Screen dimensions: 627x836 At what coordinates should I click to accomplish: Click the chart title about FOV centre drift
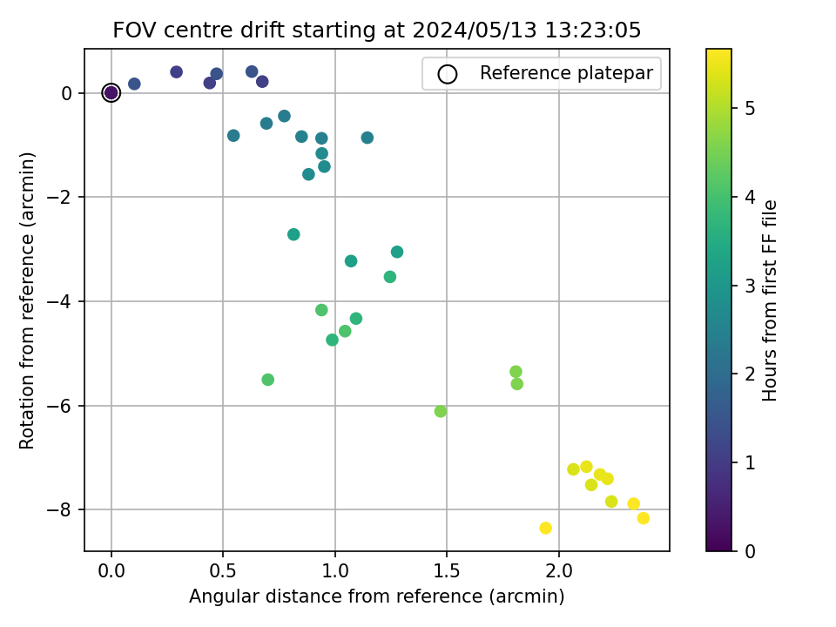pos(377,30)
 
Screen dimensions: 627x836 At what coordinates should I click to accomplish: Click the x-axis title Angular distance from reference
pos(377,597)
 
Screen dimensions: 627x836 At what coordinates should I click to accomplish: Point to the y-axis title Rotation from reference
pos(28,300)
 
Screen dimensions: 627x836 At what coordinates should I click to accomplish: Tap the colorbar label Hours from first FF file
pos(770,300)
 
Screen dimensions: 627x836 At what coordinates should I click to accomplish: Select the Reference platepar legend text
pos(566,73)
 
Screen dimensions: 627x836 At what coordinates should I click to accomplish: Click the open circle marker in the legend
pos(448,74)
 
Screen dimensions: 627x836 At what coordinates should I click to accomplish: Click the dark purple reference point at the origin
pos(111,93)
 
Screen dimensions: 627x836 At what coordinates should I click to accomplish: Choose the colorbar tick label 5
pos(749,108)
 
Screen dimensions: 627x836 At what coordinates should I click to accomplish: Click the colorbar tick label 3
pos(749,285)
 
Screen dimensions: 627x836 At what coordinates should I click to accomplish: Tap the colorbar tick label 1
pos(749,462)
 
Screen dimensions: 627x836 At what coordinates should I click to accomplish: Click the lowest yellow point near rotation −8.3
pos(545,528)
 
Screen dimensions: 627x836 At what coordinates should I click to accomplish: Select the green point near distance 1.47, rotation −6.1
pos(441,411)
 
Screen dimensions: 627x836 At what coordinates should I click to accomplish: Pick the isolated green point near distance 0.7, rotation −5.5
pos(267,380)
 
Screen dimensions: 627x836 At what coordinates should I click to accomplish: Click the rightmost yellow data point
pos(644,518)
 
